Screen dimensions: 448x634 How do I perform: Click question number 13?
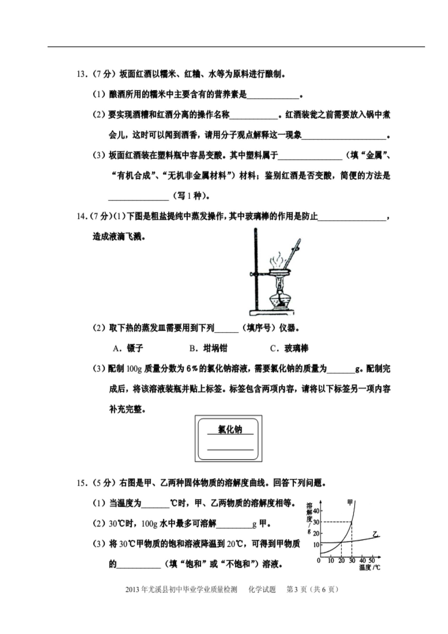tap(82, 74)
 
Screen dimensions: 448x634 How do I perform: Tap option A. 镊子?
tap(128, 348)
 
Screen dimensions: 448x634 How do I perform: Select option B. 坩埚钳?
tap(208, 348)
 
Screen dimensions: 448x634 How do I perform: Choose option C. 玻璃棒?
tap(289, 348)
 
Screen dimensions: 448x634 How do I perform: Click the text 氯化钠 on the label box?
tap(230, 429)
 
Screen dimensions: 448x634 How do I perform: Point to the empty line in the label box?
tap(230, 450)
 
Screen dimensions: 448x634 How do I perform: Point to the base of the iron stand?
tap(272, 312)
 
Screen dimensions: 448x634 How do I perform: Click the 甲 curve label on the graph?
tap(350, 502)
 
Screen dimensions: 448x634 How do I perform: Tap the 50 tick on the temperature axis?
tap(372, 560)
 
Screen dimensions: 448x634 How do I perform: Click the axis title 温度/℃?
tap(370, 567)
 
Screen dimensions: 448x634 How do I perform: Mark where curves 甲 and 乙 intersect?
tap(341, 542)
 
